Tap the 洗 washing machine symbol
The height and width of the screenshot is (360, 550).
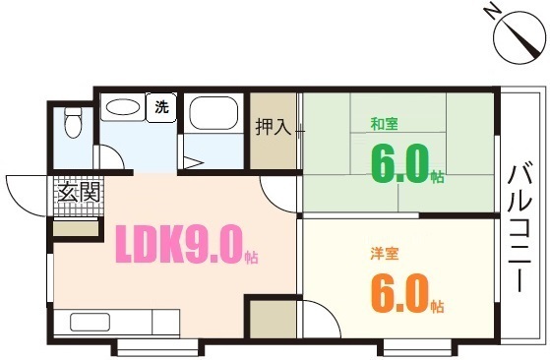(159, 106)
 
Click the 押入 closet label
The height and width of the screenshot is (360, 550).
(274, 127)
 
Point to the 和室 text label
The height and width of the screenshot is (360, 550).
(383, 124)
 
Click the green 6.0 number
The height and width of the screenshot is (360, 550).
(398, 163)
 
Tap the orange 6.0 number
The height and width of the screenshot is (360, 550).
(398, 291)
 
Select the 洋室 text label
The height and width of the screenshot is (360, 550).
(383, 253)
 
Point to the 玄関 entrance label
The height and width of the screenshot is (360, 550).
(78, 192)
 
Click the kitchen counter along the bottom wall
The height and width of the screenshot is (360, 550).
(117, 323)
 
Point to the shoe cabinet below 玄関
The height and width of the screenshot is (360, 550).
(77, 229)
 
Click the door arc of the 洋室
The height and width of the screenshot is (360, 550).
(317, 320)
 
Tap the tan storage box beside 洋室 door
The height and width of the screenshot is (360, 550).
(271, 321)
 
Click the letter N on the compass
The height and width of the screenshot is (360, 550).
(491, 12)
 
